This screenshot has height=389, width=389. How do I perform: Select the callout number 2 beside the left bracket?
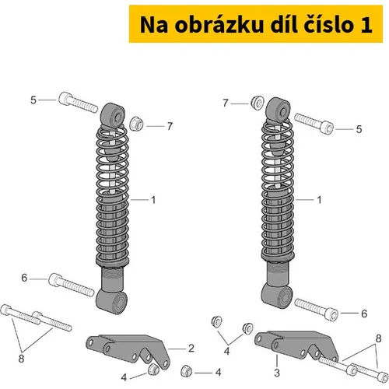pos(191,348)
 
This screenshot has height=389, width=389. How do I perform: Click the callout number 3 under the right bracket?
pos(277,373)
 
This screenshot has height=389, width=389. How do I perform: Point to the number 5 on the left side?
pos(33,100)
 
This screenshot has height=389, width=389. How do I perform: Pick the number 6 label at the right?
pos(364,314)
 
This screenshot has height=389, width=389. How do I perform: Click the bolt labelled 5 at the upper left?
pos(79,103)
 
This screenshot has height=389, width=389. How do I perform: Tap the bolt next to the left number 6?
pos(72,285)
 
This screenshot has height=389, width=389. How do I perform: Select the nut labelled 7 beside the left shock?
pos(136,124)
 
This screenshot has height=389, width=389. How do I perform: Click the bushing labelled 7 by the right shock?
pos(258,103)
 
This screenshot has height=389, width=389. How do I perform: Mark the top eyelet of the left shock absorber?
pos(113,115)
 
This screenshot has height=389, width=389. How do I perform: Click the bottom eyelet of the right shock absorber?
pos(277,296)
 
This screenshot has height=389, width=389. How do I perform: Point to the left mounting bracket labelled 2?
pos(128,349)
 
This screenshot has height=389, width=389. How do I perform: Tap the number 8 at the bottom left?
pos(21,359)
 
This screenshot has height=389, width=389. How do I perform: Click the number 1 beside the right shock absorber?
pos(319,200)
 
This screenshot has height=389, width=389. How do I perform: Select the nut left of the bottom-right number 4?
pos(186,371)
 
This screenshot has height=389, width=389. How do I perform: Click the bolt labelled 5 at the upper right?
pos(314,124)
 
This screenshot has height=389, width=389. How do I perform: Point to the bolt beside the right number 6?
pos(316,310)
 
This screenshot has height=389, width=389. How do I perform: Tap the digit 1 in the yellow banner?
pos(366,25)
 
